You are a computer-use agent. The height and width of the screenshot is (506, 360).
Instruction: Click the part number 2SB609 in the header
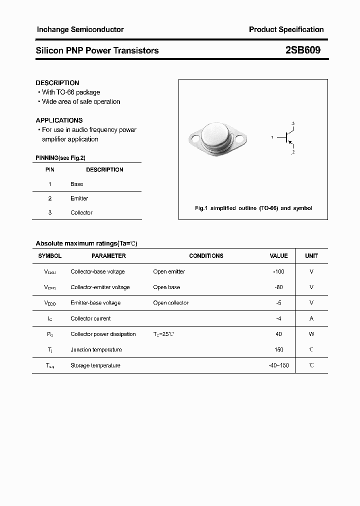[x=303, y=50]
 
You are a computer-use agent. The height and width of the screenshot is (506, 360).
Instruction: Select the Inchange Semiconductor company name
[x=80, y=29]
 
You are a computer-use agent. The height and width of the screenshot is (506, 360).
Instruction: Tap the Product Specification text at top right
[x=286, y=29]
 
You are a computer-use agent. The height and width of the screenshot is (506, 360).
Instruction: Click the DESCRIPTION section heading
[x=57, y=82]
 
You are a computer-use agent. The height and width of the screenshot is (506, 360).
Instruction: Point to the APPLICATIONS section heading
[x=59, y=120]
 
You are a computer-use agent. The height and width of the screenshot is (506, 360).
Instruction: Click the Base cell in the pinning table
[x=76, y=184]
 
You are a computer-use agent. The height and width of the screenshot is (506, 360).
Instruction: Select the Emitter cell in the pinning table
[x=79, y=198]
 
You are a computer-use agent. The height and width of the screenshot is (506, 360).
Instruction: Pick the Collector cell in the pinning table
[x=81, y=212]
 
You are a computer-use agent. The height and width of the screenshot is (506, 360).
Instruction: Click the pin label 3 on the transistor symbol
[x=293, y=123]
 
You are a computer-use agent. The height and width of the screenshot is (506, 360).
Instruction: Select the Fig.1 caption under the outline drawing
[x=253, y=208]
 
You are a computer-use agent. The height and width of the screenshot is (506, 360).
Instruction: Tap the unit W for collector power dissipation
[x=311, y=334]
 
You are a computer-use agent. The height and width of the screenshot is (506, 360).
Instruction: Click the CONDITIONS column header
[x=206, y=255]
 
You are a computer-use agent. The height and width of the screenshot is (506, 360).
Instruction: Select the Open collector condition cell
[x=171, y=302]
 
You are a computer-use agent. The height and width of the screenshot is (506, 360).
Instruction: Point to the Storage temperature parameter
[x=95, y=365]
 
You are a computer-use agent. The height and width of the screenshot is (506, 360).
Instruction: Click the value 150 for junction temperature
[x=278, y=349]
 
